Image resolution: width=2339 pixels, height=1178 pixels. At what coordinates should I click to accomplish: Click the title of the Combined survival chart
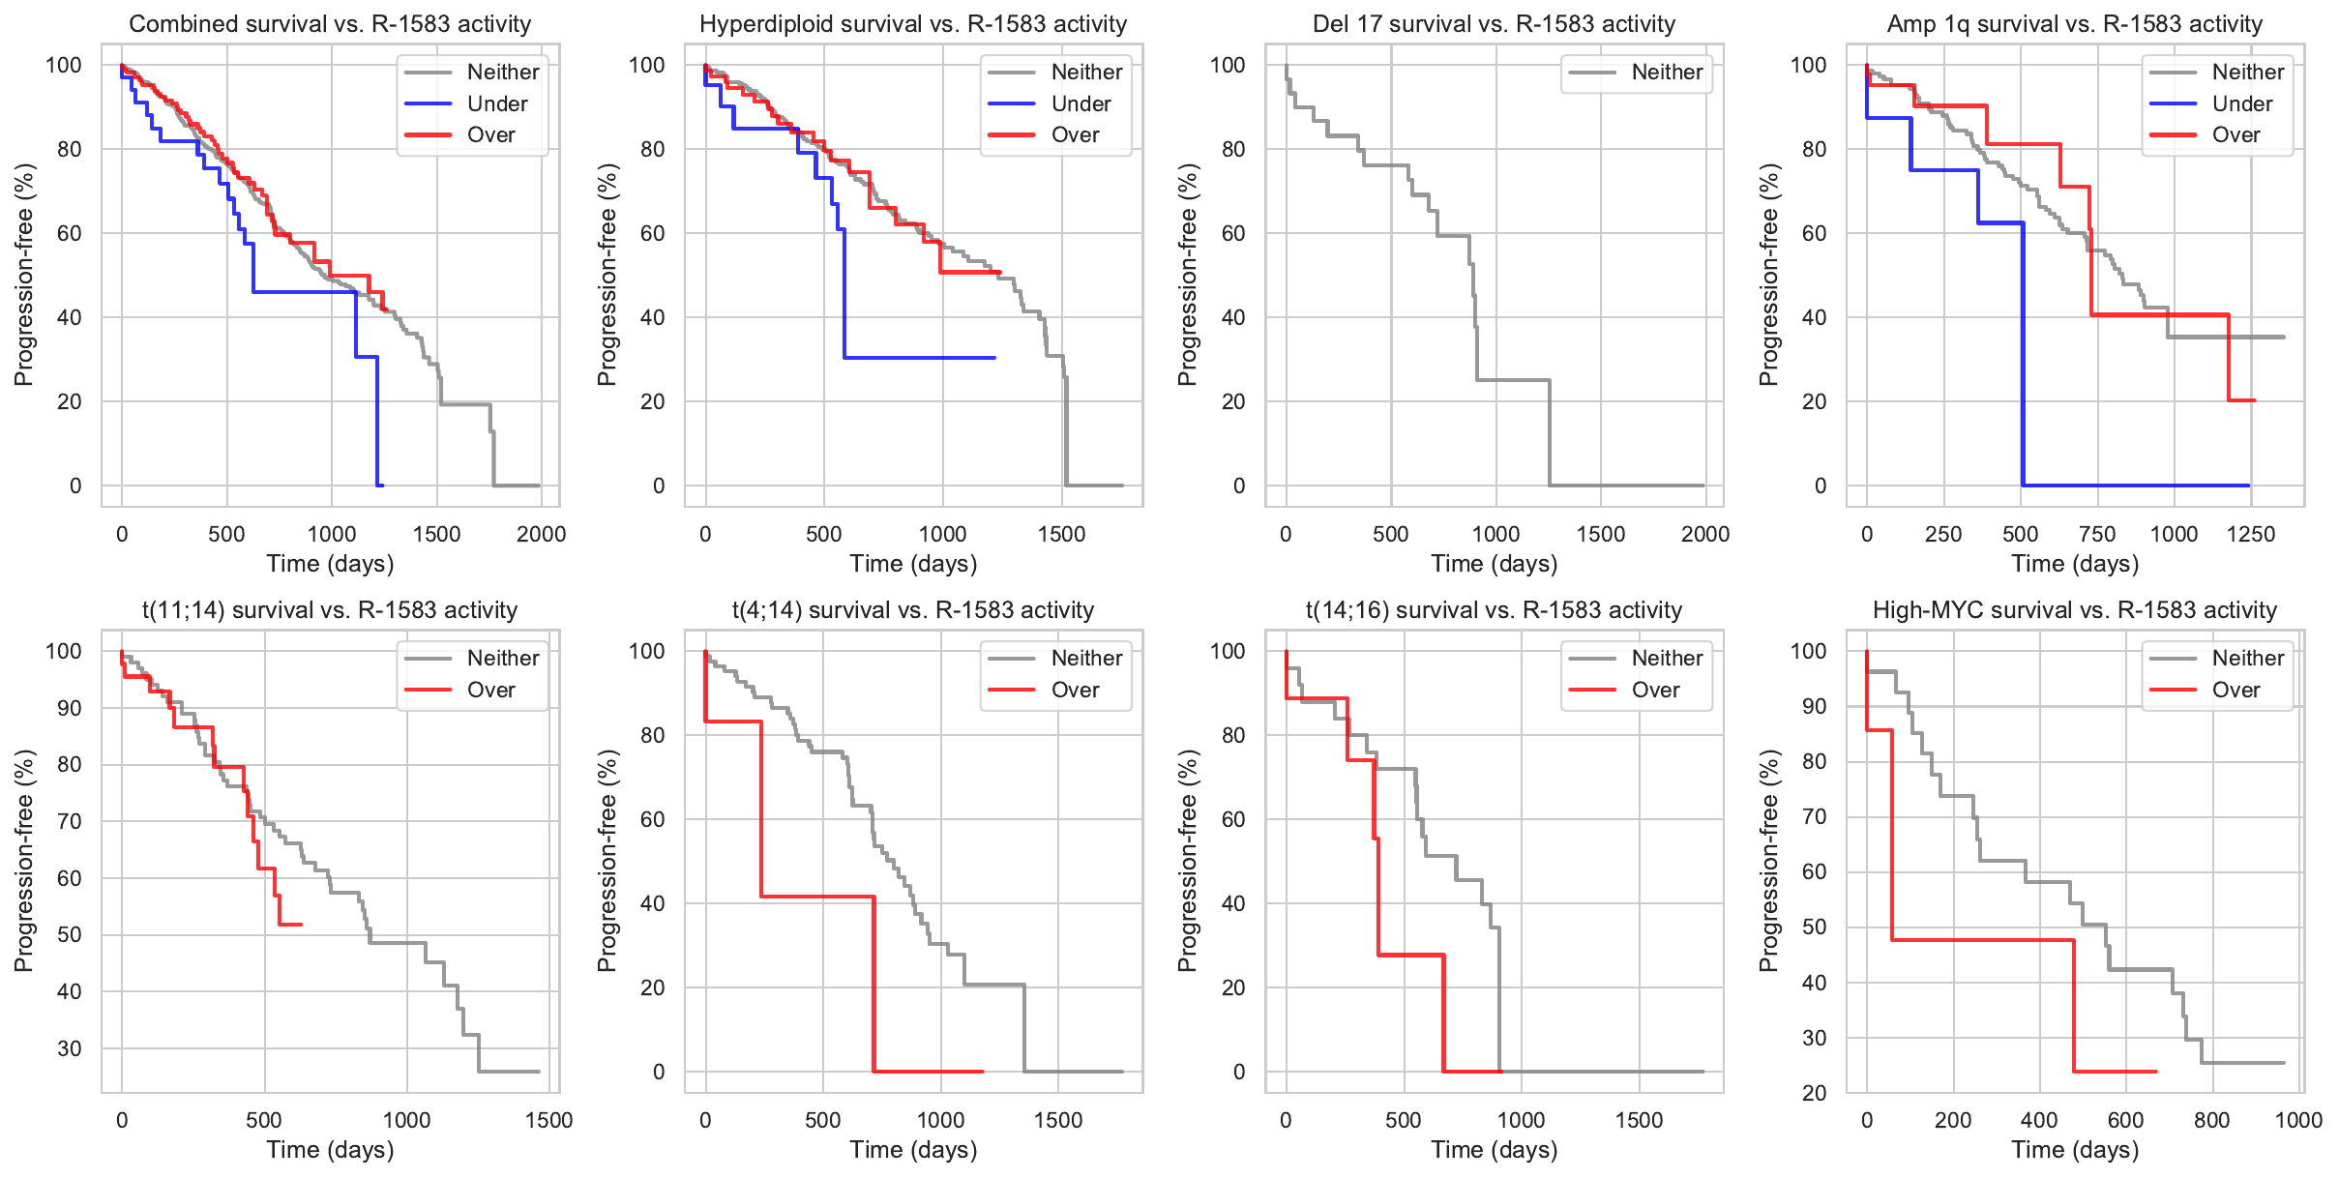pyautogui.click(x=330, y=24)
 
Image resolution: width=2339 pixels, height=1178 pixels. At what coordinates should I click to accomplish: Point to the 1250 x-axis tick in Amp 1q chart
pyautogui.click(x=2251, y=534)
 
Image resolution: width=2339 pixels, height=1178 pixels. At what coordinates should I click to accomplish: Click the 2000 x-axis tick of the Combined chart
pyautogui.click(x=541, y=534)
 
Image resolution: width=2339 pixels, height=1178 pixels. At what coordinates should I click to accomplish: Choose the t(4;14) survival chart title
pyautogui.click(x=913, y=610)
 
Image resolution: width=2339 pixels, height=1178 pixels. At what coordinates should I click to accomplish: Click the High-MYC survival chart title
pyautogui.click(x=2075, y=610)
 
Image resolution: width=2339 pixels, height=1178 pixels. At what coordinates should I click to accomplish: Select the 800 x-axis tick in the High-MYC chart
pyautogui.click(x=2212, y=1120)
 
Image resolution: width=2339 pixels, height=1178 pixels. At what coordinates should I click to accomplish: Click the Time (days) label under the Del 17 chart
pyautogui.click(x=1495, y=564)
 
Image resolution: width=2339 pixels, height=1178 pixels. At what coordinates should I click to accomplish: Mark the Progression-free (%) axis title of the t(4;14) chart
pyautogui.click(x=607, y=861)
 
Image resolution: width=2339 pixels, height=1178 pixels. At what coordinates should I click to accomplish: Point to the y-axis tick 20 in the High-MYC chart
pyautogui.click(x=1815, y=1093)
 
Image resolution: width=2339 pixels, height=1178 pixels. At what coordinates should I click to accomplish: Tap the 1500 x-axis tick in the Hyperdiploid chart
pyautogui.click(x=1061, y=534)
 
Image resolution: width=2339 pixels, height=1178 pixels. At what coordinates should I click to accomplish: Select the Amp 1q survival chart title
pyautogui.click(x=2075, y=24)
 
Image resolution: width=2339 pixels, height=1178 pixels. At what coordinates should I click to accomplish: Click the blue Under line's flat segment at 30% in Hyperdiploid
pyautogui.click(x=919, y=358)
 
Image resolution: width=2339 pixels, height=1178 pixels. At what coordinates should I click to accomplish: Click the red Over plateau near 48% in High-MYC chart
pyautogui.click(x=1983, y=940)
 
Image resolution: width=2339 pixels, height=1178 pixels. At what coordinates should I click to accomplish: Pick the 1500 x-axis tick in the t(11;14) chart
pyautogui.click(x=549, y=1120)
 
